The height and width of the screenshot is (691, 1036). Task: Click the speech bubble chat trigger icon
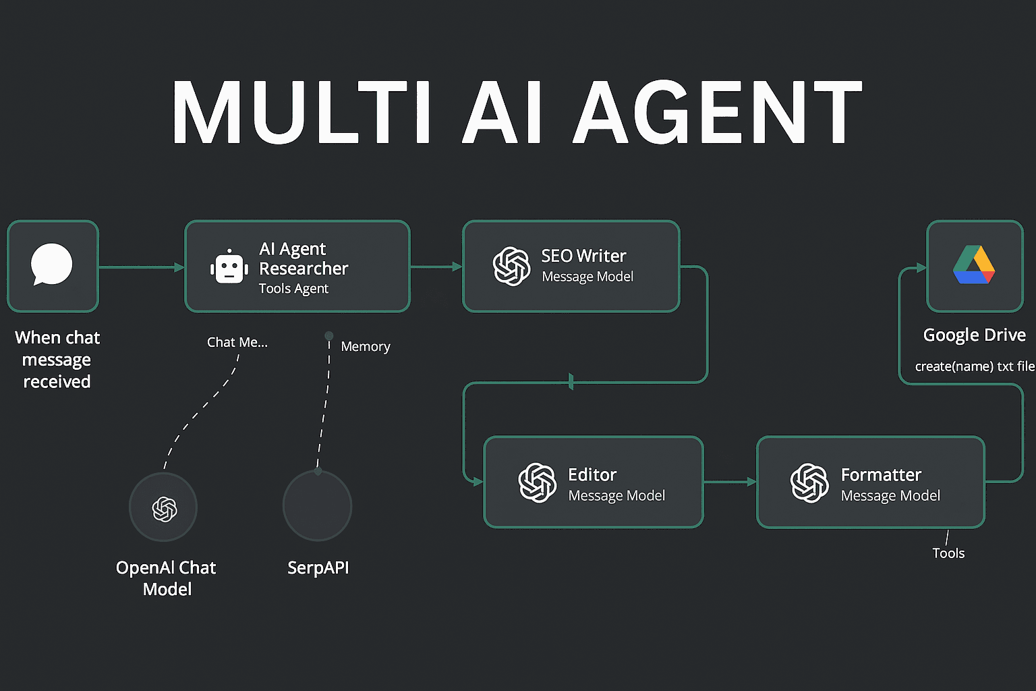[52, 265]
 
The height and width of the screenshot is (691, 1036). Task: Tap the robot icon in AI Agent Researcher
[229, 267]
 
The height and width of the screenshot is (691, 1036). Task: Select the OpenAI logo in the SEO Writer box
[511, 266]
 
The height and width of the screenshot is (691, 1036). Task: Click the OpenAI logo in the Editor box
[537, 482]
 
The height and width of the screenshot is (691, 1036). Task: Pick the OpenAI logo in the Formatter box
[809, 482]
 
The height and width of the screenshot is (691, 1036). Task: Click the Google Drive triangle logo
[974, 265]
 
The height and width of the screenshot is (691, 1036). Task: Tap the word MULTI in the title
[301, 113]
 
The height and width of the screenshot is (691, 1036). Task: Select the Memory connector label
[366, 347]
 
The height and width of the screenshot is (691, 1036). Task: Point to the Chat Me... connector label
[237, 342]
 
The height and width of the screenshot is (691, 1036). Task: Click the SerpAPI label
[318, 568]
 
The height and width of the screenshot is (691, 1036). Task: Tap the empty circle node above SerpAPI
[318, 506]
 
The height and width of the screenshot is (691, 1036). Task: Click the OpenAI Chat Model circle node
[163, 507]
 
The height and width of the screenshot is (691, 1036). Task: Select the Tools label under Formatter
[948, 553]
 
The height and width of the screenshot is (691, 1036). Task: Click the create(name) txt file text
[975, 366]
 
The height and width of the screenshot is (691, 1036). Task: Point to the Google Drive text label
[975, 335]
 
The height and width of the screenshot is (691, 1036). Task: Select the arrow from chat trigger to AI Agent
[142, 267]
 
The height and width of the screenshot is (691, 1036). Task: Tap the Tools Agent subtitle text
[293, 289]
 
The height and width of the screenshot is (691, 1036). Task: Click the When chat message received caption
[57, 360]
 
